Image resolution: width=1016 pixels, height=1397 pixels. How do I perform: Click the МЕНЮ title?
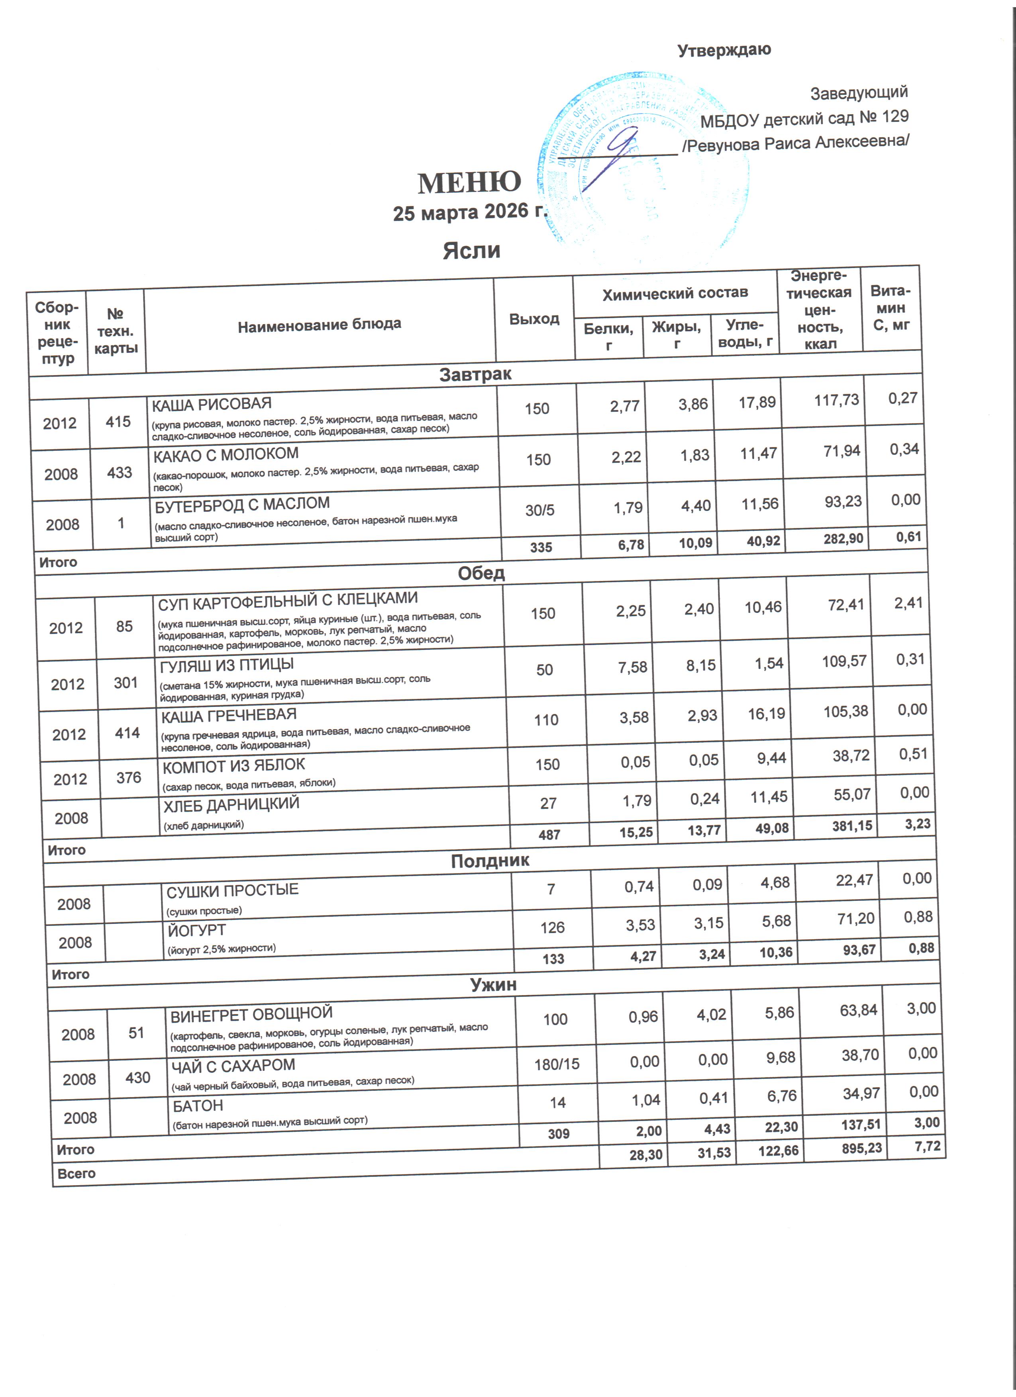point(469,183)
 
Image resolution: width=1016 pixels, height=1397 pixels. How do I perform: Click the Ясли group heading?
point(471,251)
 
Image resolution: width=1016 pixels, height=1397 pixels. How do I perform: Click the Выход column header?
point(534,319)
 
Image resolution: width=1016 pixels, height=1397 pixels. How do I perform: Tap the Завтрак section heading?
point(475,374)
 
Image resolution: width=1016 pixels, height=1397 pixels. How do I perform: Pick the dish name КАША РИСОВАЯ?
point(212,405)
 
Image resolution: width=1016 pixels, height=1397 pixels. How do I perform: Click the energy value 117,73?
point(836,400)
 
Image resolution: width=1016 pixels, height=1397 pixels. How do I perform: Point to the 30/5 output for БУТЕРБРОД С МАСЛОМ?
point(540,510)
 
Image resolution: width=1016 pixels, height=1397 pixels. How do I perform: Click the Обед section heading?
point(481,573)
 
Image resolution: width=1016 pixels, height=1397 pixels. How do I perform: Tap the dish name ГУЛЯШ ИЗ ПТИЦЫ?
point(227,665)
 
